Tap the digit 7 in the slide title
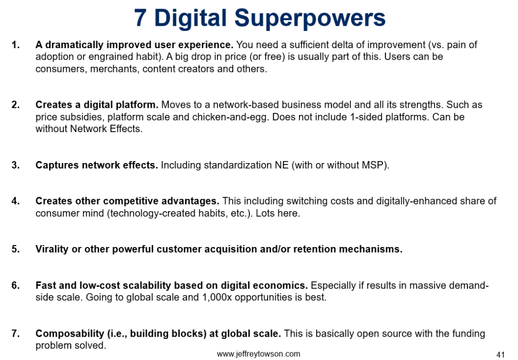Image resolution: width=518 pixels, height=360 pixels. (x=141, y=18)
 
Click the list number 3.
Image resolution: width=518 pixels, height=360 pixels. (x=16, y=166)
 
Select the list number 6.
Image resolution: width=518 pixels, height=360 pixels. (x=16, y=286)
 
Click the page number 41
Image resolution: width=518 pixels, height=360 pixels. (x=501, y=354)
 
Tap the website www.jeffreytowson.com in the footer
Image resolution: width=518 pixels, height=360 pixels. (x=258, y=354)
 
